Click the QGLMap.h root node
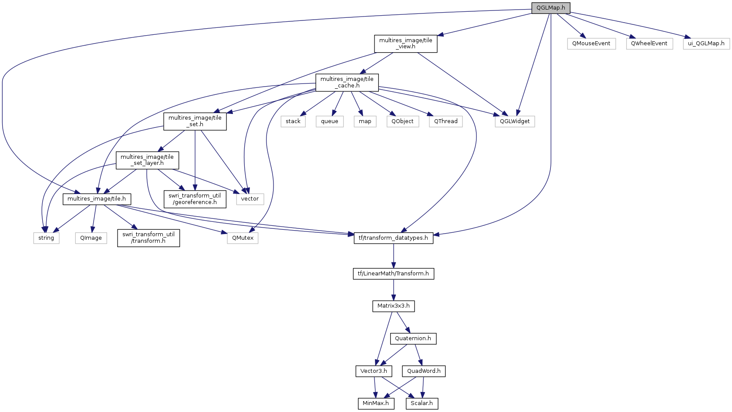click(550, 8)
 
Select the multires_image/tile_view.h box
click(405, 44)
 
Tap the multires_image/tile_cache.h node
click(347, 82)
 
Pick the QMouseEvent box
click(591, 44)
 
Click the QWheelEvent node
click(649, 44)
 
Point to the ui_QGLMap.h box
click(706, 44)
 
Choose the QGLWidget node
click(514, 121)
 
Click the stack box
click(293, 121)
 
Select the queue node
click(329, 121)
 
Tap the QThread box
click(445, 121)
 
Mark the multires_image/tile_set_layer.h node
click(147, 160)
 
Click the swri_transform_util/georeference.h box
click(195, 199)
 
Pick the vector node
click(250, 199)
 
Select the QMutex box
click(242, 238)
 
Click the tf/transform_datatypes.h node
click(393, 238)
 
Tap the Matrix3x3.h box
click(393, 306)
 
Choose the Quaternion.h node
click(413, 338)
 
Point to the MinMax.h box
click(375, 403)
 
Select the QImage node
click(91, 238)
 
